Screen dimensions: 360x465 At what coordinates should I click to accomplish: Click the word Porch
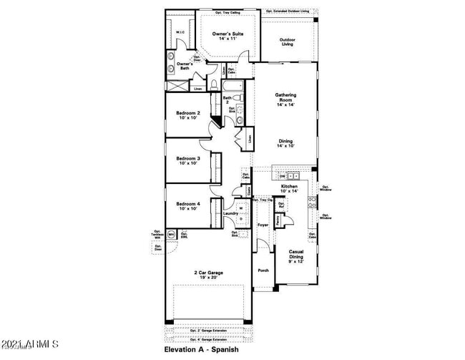(x=263, y=271)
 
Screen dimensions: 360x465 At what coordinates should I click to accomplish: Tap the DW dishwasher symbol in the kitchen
(x=283, y=175)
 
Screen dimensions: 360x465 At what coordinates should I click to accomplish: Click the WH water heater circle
(x=172, y=234)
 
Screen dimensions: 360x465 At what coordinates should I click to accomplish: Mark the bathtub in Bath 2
(x=239, y=89)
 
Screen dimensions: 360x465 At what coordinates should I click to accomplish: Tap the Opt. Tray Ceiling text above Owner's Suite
(x=227, y=12)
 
